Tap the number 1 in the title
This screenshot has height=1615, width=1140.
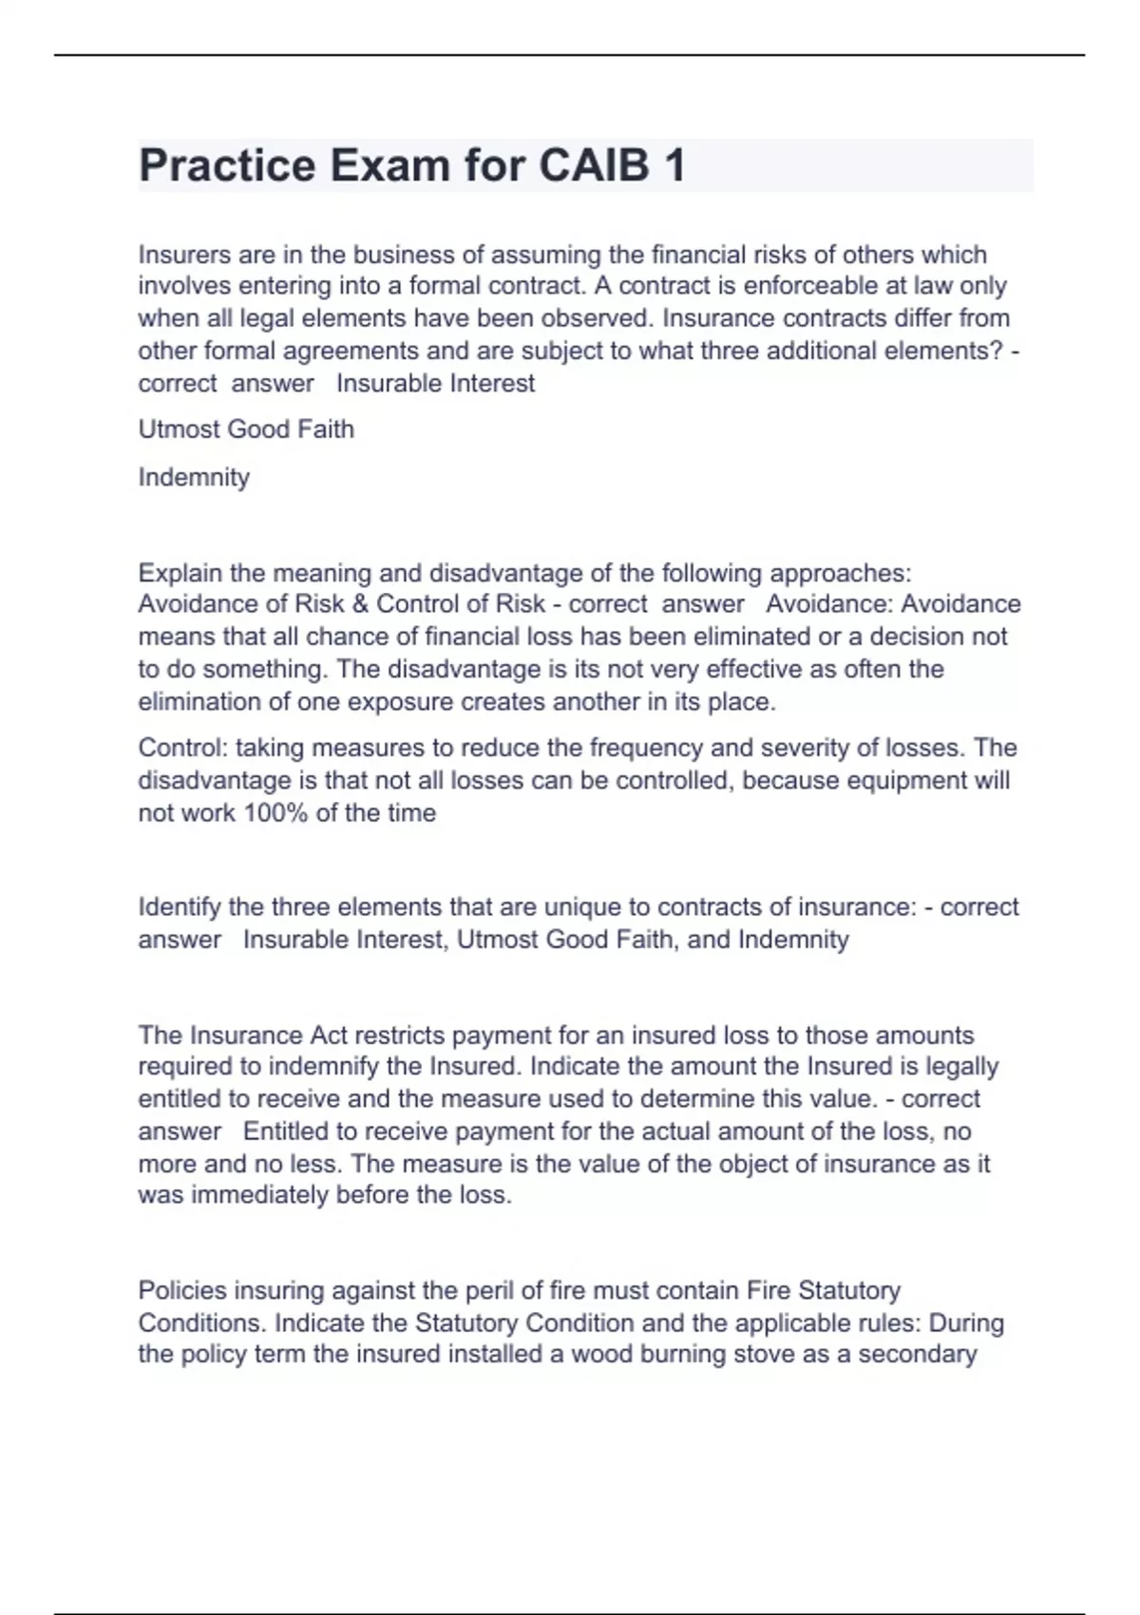point(674,166)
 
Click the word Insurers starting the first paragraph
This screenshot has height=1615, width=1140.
point(180,255)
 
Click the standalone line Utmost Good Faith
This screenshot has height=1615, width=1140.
point(246,429)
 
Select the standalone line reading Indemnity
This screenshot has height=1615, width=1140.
point(194,477)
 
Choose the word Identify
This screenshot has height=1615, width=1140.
point(180,907)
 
